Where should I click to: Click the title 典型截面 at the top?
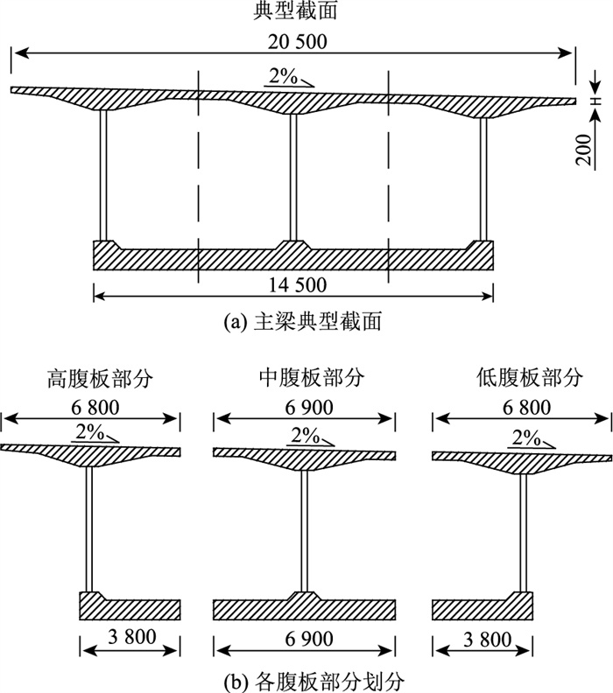click(x=293, y=12)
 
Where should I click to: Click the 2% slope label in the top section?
click(x=283, y=76)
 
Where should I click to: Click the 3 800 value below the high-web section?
click(x=129, y=636)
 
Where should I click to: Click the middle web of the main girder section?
click(x=293, y=175)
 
